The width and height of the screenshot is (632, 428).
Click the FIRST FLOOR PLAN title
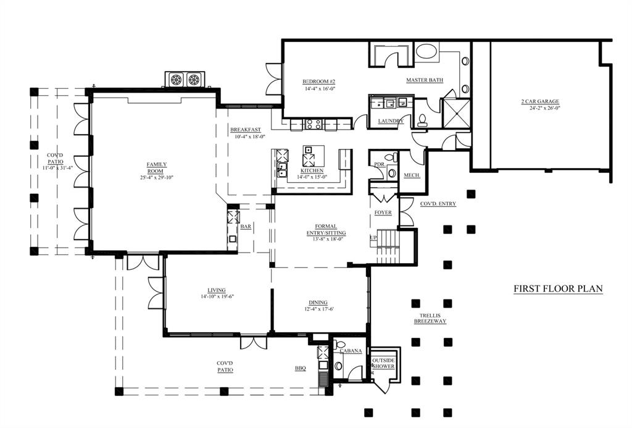tap(558, 289)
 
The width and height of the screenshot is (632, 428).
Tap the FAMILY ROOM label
tap(156, 167)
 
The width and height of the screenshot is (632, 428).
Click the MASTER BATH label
tap(425, 80)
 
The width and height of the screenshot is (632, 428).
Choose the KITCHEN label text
tap(312, 170)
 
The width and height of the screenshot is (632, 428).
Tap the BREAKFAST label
tap(246, 130)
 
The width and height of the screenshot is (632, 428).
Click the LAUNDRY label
tap(391, 121)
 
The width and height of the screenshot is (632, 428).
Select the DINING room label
tap(318, 303)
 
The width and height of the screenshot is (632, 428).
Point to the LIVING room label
tap(217, 290)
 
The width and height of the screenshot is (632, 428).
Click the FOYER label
tap(383, 212)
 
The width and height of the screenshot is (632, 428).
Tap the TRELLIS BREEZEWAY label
tap(430, 318)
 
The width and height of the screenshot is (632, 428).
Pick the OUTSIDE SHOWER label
tap(384, 363)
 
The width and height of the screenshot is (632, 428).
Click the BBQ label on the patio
tap(301, 368)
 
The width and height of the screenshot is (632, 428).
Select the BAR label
tap(246, 227)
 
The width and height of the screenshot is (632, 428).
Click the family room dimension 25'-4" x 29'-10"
tap(156, 177)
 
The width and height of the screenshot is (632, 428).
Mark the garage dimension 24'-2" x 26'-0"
tap(545, 107)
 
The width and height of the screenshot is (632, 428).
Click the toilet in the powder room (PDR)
tap(391, 157)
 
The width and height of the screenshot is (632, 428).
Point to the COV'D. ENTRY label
tap(438, 204)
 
